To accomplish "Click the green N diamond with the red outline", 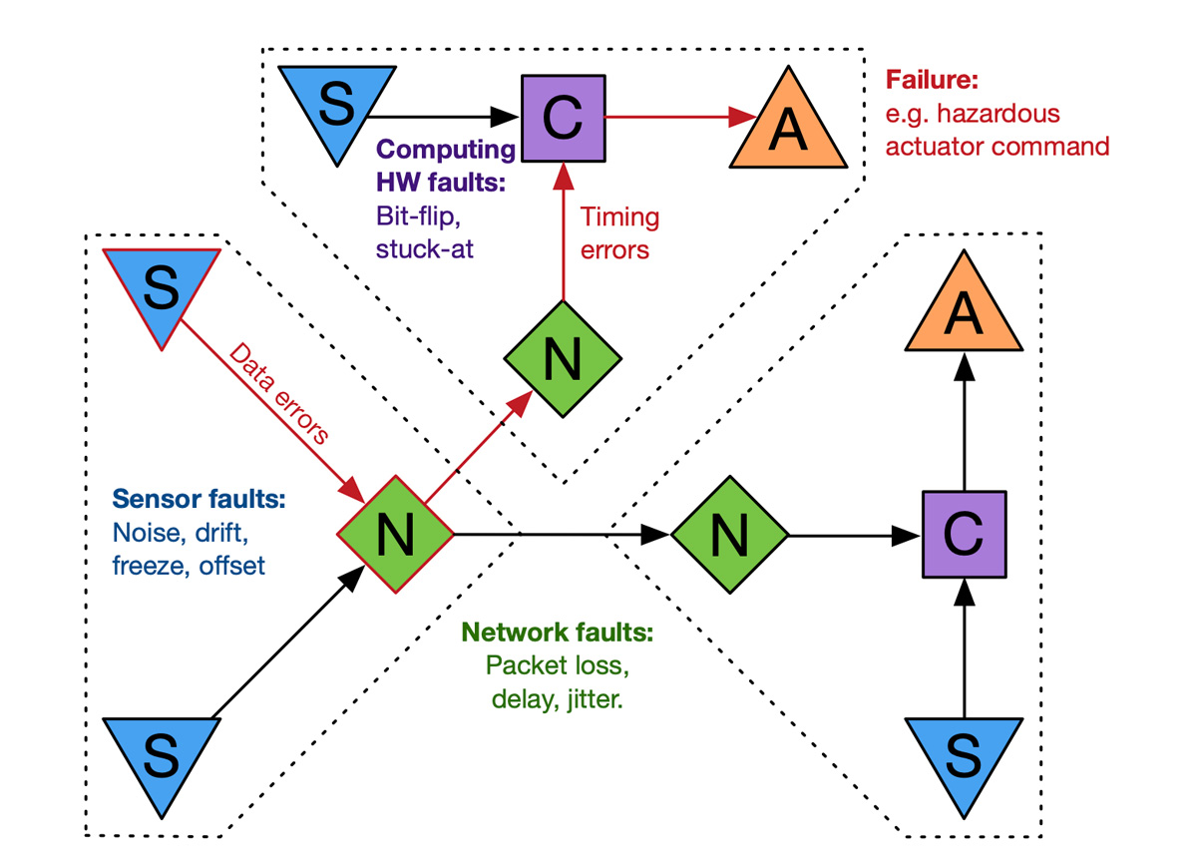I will (x=395, y=536).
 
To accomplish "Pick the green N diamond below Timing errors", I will (x=563, y=360).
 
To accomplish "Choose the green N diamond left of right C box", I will (x=729, y=536).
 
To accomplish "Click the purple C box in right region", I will (x=963, y=536).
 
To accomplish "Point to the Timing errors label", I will (x=619, y=231).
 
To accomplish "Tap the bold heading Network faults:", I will (x=558, y=633).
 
